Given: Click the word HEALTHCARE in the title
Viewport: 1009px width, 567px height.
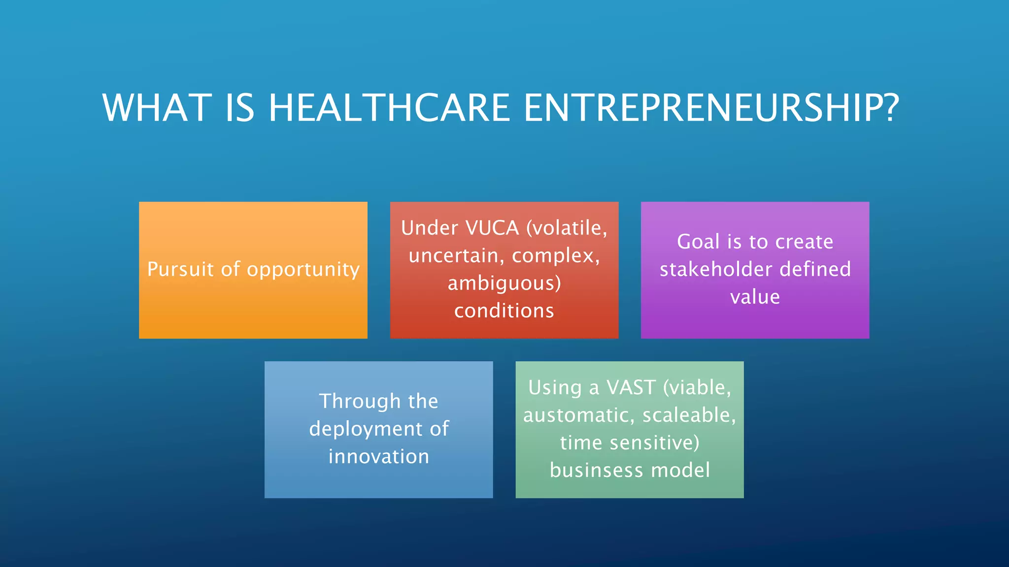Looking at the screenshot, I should coord(389,108).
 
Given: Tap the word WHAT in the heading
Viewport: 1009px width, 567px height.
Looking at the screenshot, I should coord(157,108).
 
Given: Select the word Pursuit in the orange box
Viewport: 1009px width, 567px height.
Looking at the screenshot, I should coord(180,270).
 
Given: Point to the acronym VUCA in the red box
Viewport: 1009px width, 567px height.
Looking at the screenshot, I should coord(492,228).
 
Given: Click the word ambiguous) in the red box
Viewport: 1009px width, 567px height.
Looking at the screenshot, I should coord(504,284).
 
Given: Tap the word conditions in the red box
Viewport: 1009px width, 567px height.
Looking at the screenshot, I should coord(504,311).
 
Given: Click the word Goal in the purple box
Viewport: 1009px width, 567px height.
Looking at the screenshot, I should coord(699,242).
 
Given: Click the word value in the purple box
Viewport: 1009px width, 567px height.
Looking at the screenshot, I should coord(755,297).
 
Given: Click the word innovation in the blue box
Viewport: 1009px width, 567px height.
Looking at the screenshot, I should coord(378,456).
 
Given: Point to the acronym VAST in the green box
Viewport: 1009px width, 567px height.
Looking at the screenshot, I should coord(631,388).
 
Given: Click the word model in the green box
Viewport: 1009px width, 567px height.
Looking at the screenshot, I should coord(680,471).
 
